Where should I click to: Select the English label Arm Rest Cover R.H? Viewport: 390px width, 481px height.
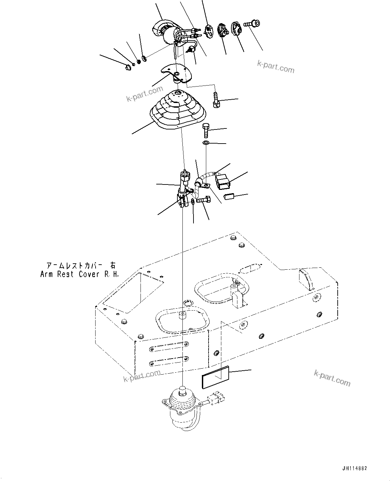point(79,274)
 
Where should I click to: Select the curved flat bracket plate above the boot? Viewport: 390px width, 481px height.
point(176,72)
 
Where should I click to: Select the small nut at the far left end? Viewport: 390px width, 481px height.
point(127,68)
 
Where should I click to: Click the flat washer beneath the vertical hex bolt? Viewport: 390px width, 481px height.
point(206,143)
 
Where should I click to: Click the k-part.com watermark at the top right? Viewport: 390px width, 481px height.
point(276,66)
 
